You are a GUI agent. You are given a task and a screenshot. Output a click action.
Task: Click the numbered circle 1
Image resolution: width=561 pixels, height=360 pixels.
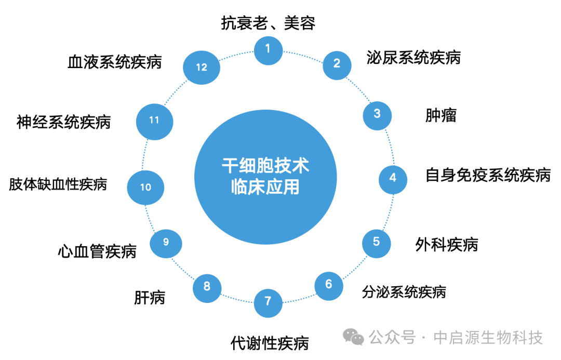point(268,49)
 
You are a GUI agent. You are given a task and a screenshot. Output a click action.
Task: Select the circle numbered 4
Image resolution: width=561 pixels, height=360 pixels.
point(393,178)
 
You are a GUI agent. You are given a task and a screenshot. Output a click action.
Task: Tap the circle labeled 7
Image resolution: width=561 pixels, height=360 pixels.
point(268,301)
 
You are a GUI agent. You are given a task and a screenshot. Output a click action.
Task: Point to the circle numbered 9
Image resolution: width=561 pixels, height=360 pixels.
point(166,242)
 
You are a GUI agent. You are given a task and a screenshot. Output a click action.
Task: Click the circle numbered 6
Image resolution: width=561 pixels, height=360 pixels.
point(328,285)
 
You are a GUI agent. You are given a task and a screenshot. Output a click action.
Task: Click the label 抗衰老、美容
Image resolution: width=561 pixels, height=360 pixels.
point(268,23)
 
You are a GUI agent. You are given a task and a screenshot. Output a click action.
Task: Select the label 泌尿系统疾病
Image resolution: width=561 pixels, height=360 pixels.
point(413,57)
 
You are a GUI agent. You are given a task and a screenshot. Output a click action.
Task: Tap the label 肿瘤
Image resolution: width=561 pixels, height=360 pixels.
point(440,115)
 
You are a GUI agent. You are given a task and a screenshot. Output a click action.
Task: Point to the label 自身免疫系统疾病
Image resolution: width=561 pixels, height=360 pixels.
point(488,175)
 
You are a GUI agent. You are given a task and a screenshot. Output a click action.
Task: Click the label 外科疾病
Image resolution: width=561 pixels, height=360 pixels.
point(447,244)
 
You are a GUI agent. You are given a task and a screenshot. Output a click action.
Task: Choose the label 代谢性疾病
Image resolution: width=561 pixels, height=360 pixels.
point(270,343)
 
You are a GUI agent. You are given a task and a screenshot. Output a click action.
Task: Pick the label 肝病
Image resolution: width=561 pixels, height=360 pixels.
point(150,298)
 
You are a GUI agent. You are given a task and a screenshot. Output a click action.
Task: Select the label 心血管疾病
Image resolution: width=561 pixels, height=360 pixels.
point(97,252)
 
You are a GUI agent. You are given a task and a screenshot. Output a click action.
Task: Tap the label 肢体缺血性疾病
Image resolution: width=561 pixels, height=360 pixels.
point(58,184)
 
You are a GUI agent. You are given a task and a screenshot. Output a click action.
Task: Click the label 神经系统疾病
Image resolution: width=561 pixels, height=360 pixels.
point(63,123)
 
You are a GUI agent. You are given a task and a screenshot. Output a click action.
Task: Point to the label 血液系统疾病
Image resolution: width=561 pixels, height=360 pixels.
point(115,62)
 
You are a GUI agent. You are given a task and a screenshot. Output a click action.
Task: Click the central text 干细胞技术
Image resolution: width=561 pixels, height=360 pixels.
point(265,166)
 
